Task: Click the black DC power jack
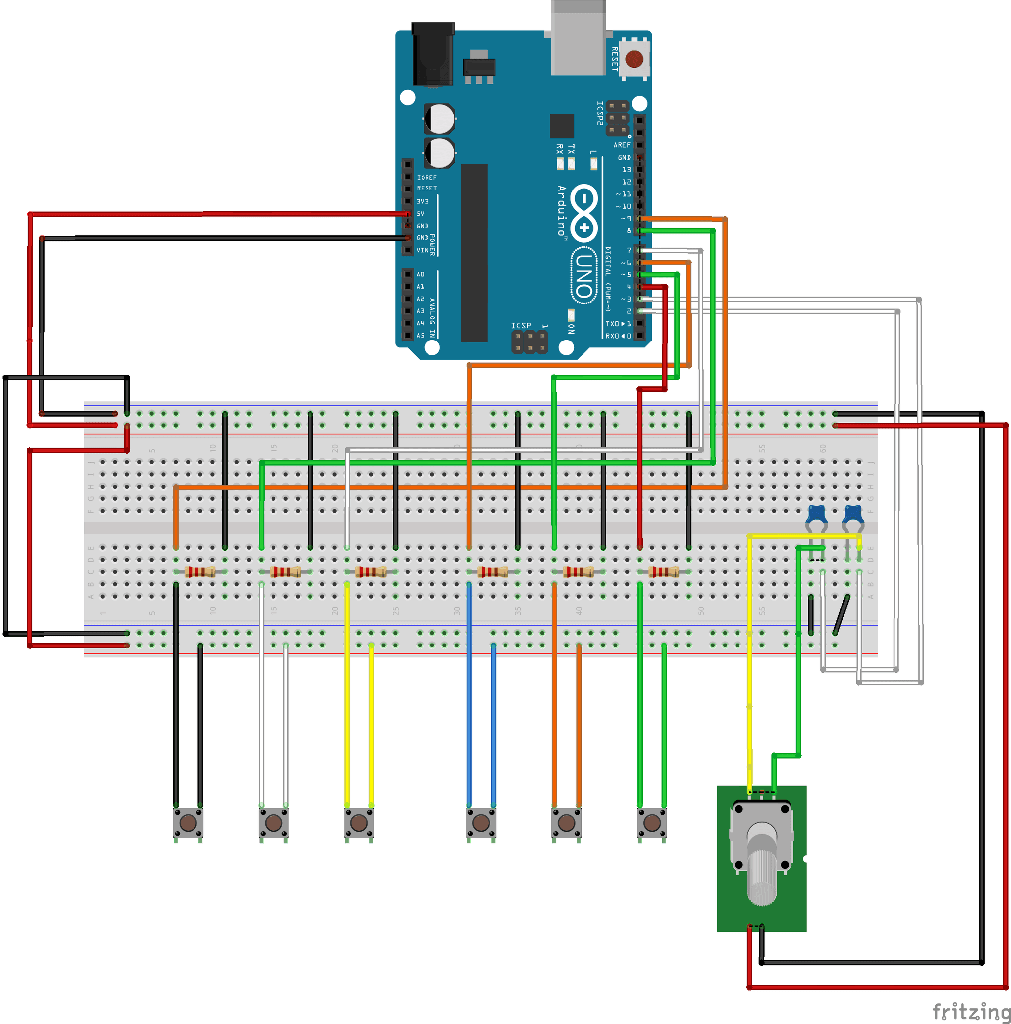432,54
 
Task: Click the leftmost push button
188,823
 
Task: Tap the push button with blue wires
481,823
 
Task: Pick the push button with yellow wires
359,823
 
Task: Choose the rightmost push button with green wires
652,823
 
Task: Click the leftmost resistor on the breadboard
200,571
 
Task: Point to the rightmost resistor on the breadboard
664,571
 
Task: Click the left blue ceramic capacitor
817,514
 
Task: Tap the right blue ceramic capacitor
853,514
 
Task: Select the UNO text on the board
583,275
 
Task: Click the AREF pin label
622,145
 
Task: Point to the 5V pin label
421,214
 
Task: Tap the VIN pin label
422,250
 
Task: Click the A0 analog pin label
421,274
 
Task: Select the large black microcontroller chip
474,253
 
